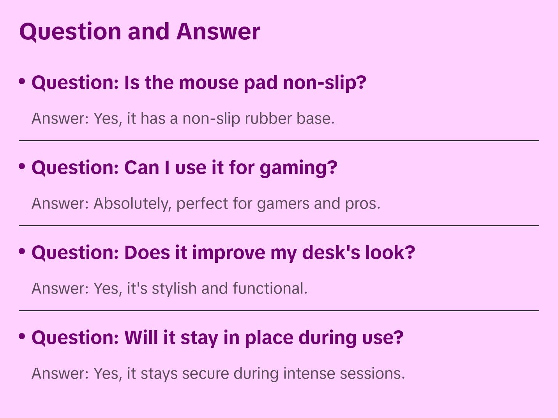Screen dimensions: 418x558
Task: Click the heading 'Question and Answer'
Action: pos(139,31)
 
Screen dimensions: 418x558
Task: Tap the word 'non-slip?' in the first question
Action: pos(324,83)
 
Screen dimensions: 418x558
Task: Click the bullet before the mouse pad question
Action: pos(22,81)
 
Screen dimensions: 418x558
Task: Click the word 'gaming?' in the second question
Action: pos(298,168)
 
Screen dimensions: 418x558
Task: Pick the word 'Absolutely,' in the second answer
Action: pos(132,204)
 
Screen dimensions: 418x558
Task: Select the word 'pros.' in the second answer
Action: pos(362,204)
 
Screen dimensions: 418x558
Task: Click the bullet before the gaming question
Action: pos(22,166)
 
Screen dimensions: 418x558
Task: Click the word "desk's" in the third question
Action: pos(331,253)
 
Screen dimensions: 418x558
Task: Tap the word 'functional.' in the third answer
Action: pos(270,289)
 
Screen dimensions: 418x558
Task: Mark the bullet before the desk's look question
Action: pos(22,252)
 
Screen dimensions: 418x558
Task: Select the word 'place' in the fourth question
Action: pos(268,338)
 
